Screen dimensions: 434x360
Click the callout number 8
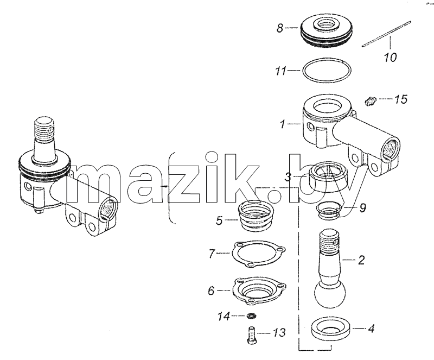coord(280,28)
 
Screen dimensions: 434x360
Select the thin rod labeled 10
coord(386,34)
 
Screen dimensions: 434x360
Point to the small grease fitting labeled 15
coord(369,101)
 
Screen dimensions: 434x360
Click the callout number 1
coord(283,124)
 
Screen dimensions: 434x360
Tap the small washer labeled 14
coord(251,315)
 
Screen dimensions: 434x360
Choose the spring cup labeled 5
coord(256,216)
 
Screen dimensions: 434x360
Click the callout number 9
coord(362,207)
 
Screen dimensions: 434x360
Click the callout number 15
coord(401,99)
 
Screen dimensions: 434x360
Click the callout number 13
coord(279,332)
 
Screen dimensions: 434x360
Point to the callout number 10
coord(390,57)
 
